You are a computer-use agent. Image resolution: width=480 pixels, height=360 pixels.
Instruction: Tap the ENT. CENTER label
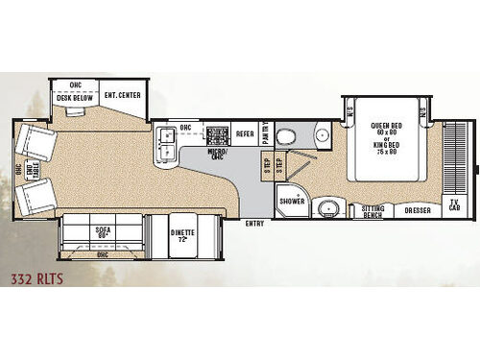[123, 95]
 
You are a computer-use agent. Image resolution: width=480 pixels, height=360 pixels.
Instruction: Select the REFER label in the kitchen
[245, 134]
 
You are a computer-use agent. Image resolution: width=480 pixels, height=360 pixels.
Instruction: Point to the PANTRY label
[266, 133]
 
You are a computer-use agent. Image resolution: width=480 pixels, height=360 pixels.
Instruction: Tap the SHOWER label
[292, 201]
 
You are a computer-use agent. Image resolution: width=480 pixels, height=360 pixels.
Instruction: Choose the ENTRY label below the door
[254, 224]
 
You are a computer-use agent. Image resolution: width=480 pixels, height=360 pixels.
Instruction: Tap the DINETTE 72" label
[182, 233]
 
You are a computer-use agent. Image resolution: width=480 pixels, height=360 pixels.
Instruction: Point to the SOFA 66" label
[103, 232]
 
